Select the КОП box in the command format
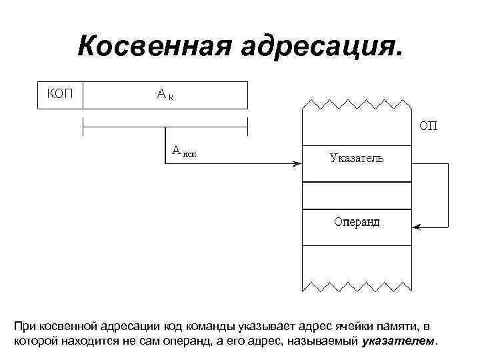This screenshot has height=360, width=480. [59, 95]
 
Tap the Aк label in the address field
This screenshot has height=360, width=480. [165, 95]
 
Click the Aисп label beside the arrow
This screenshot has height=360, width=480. [185, 151]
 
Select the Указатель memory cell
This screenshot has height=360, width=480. [357, 158]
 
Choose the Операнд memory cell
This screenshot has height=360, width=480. [357, 222]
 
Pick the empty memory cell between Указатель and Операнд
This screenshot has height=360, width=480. [357, 195]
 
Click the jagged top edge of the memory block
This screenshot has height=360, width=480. [357, 104]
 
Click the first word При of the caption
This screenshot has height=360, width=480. [24, 326]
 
